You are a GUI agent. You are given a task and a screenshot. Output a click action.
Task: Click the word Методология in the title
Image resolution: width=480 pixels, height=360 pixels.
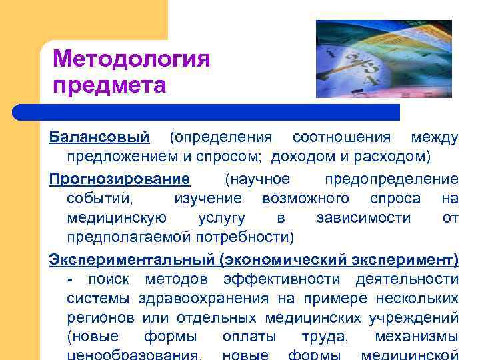(131, 60)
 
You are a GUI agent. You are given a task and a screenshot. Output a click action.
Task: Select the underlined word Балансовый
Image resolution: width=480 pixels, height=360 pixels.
(99, 138)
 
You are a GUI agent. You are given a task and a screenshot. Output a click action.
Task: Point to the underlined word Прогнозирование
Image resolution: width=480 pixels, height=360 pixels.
(119, 179)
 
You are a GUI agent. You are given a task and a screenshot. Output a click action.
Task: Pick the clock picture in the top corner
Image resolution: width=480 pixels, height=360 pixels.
(383, 59)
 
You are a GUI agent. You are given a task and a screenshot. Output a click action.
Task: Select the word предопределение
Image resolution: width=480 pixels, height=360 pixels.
(391, 179)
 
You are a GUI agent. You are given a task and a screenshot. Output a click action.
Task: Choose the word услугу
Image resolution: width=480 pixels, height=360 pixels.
(221, 219)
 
